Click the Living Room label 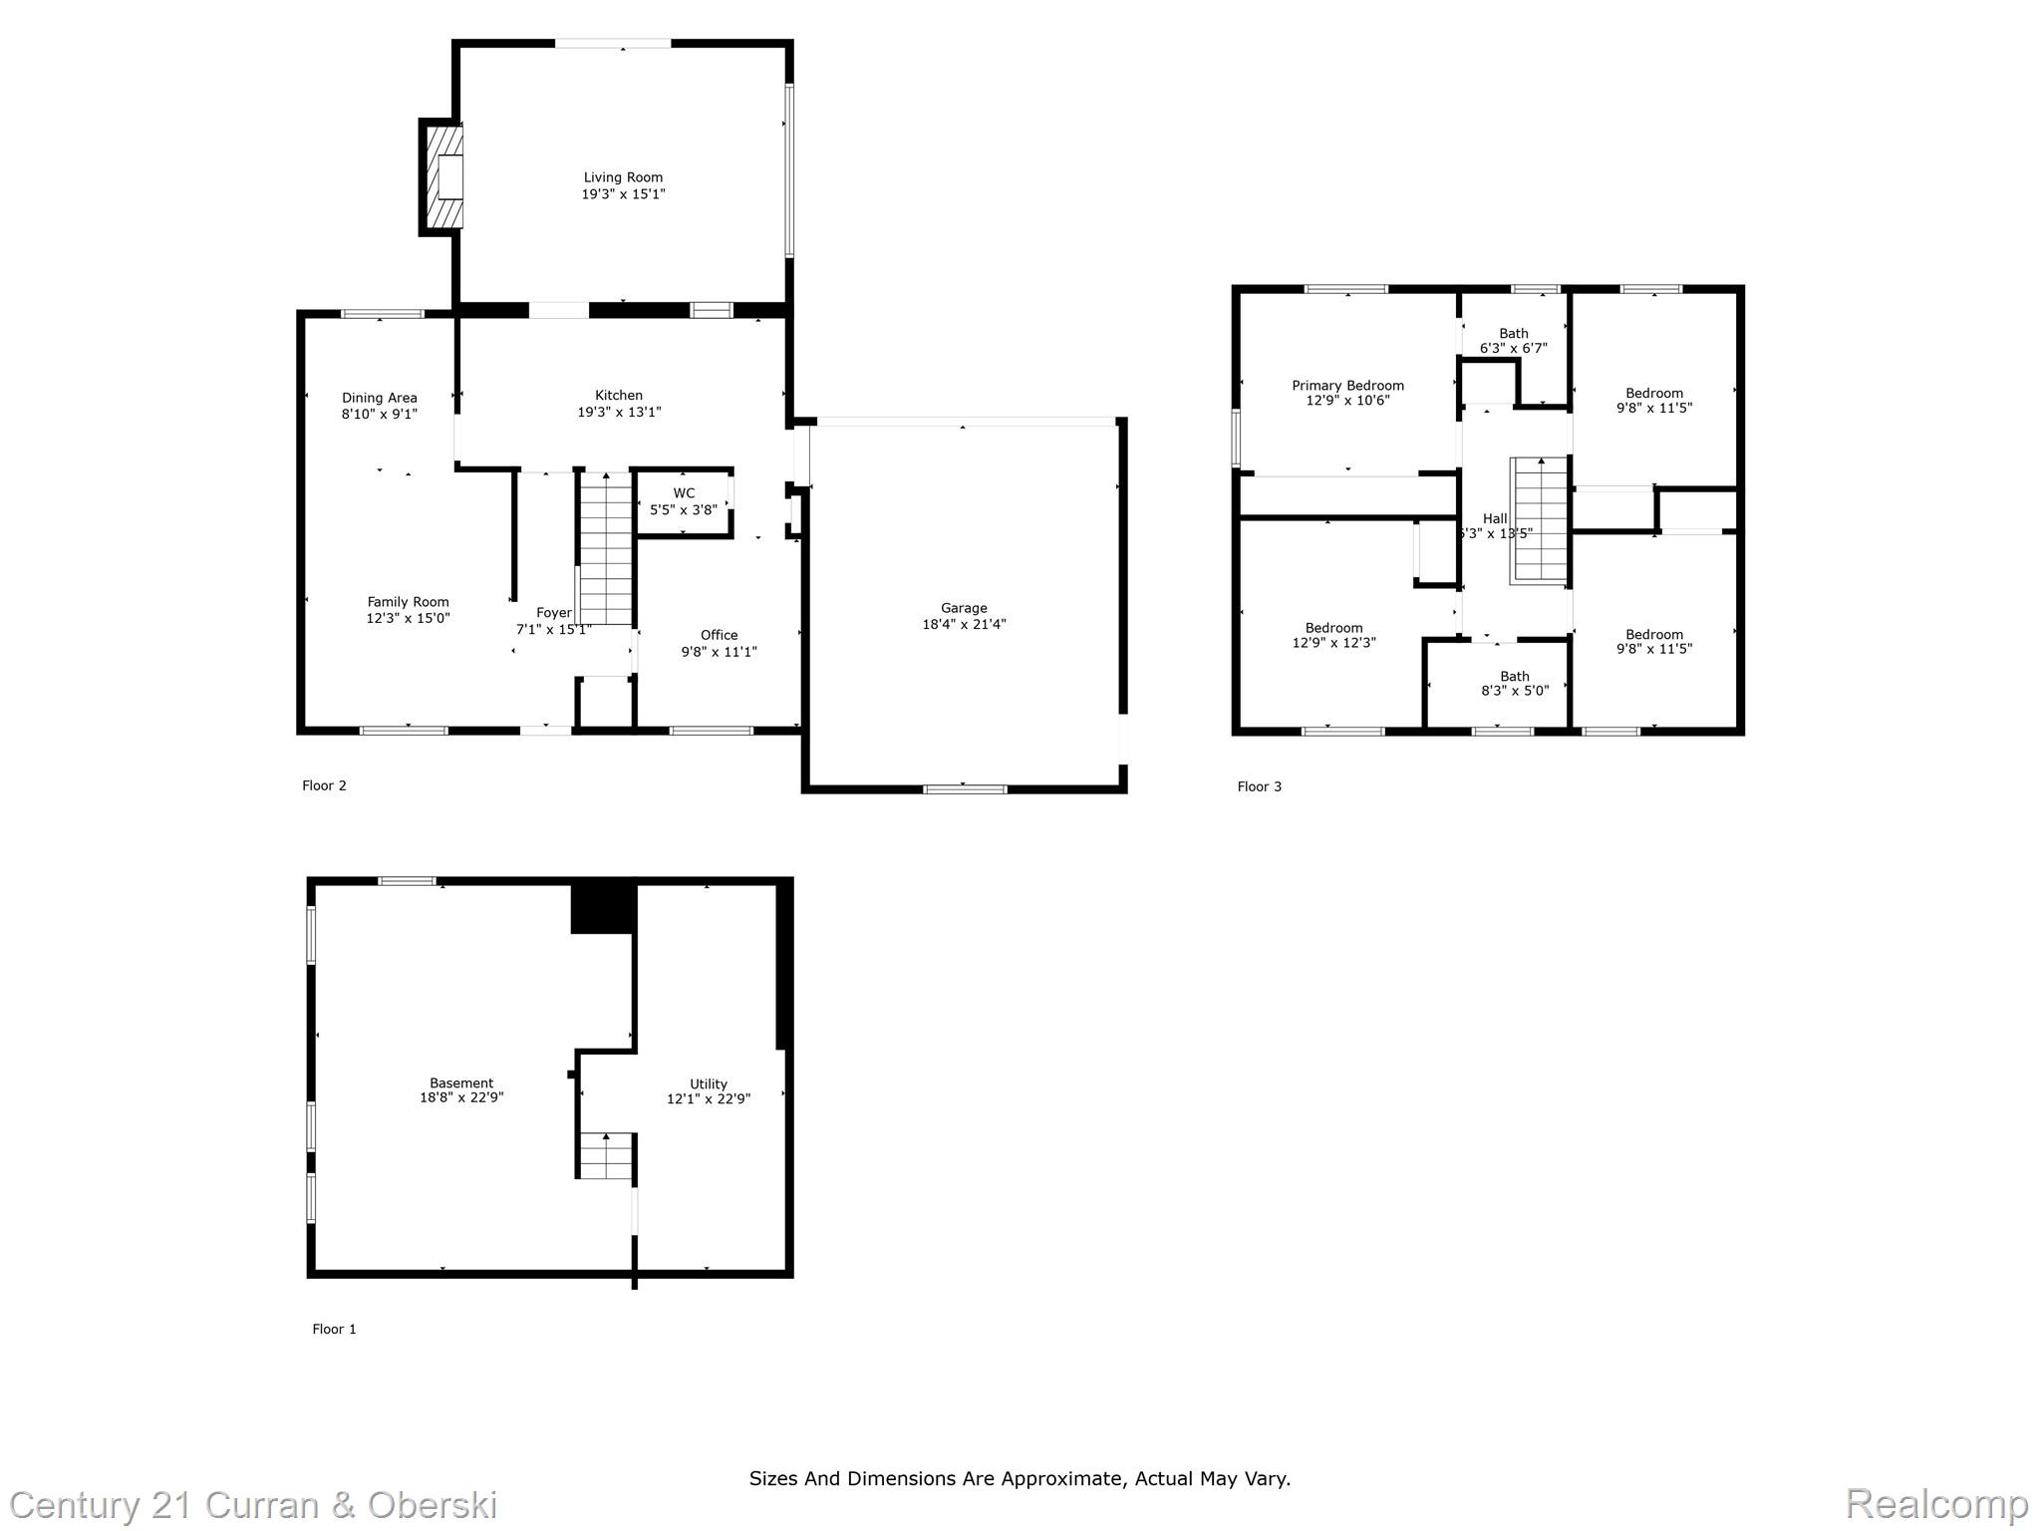623,177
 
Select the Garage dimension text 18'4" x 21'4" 964,624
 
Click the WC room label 684,493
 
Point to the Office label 719,635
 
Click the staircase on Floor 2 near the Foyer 606,548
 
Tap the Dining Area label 379,398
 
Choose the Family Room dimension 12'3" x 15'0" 408,618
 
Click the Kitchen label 619,396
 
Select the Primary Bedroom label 1347,386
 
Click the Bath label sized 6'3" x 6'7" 1513,334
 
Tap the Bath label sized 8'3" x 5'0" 1514,677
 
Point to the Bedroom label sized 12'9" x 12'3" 1333,628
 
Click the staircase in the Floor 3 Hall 1540,518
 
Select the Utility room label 709,1084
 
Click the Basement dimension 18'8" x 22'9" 461,1097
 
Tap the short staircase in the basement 606,1155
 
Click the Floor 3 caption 1259,786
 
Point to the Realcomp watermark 1935,1504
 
